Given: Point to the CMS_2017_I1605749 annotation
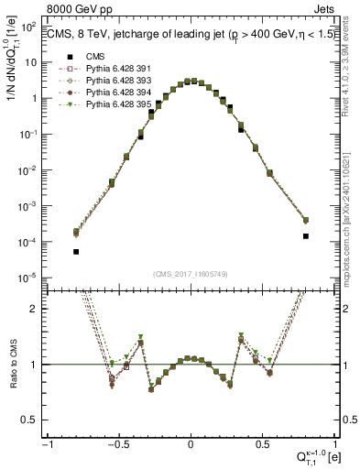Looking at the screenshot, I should coord(191,274).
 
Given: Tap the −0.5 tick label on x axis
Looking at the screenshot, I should coord(117,444).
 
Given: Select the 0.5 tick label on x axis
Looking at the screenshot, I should coord(262,444).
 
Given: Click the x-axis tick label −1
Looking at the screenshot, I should coord(47,444).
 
